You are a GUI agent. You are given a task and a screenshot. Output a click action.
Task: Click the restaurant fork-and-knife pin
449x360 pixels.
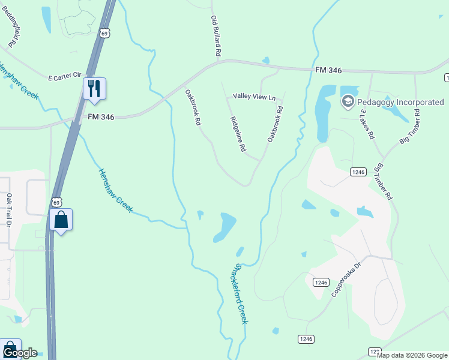click(x=94, y=88)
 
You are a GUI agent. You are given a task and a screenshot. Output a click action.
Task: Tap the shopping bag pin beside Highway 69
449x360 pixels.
click(x=61, y=220)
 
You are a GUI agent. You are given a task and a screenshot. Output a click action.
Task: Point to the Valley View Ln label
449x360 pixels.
click(x=254, y=97)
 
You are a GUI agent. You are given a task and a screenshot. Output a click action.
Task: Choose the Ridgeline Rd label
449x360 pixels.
click(x=238, y=134)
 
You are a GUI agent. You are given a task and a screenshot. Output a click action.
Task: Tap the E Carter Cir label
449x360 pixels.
click(x=64, y=76)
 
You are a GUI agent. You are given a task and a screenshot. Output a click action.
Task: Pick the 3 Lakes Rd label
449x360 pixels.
click(x=367, y=124)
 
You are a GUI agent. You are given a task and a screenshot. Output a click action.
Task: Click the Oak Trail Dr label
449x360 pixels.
click(x=9, y=210)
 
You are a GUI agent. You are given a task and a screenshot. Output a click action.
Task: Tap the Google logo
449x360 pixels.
click(x=19, y=353)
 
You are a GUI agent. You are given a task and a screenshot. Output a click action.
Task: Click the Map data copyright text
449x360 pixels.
click(x=412, y=355)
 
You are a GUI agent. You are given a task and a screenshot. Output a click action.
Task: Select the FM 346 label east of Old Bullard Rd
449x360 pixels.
click(x=328, y=70)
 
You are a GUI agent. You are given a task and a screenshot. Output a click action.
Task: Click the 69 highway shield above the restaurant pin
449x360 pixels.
click(x=105, y=34)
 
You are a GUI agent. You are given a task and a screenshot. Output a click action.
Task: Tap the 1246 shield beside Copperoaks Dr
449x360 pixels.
click(x=321, y=282)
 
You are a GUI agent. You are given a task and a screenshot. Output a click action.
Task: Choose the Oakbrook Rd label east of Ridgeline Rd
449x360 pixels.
click(x=275, y=124)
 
